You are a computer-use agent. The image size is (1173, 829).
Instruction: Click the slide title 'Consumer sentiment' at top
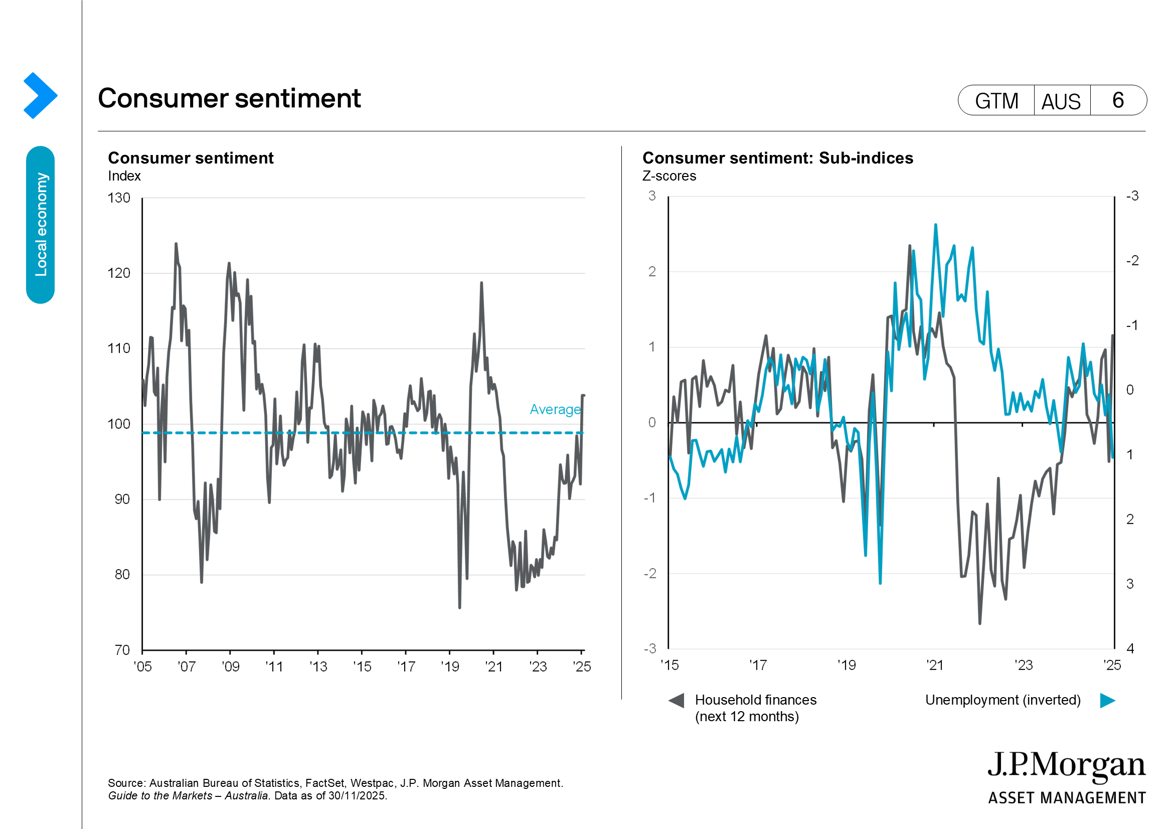click(229, 98)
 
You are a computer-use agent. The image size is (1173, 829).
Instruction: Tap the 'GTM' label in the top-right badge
click(996, 101)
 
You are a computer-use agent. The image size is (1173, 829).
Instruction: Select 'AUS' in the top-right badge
click(1061, 101)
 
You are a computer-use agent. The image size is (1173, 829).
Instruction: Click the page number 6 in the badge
click(1118, 100)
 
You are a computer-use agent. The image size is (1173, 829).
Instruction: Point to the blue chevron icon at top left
click(40, 95)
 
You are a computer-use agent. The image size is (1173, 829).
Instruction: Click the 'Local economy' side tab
click(40, 225)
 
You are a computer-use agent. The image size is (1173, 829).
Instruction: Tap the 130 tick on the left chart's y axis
click(118, 198)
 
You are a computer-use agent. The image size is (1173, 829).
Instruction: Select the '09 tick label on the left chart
click(230, 667)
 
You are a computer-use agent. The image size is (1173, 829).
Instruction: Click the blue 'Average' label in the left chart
click(555, 410)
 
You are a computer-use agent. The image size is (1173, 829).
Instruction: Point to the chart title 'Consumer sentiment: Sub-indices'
click(778, 158)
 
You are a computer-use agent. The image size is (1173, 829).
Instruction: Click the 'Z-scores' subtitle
click(669, 176)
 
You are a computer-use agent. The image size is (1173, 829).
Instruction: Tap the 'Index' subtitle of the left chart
click(124, 176)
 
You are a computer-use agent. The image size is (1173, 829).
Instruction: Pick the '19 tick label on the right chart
click(846, 665)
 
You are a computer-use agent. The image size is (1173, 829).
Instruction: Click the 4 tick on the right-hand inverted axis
click(1130, 648)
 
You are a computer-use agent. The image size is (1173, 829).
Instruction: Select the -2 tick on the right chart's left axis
click(650, 574)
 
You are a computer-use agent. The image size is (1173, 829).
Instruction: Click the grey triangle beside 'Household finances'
click(677, 700)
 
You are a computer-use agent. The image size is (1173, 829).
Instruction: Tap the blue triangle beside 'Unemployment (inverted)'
click(1107, 700)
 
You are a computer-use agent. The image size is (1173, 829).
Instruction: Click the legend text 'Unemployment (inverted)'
click(1003, 700)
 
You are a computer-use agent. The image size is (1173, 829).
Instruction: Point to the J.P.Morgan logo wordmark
click(1066, 766)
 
